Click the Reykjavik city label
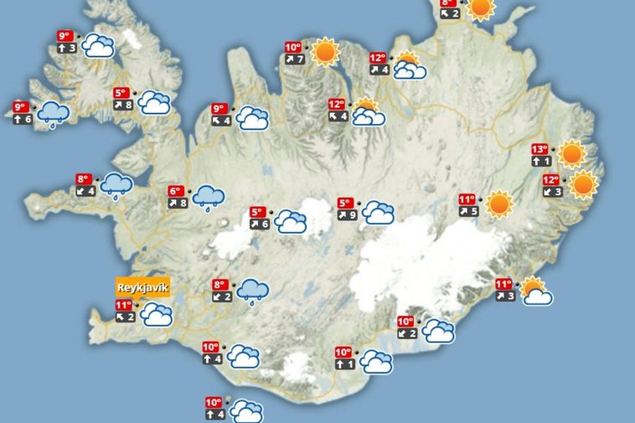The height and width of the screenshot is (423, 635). [143, 287]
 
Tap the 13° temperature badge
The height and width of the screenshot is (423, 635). [540, 150]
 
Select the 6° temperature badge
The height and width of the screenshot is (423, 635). [176, 191]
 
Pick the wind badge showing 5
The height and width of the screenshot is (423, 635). [468, 211]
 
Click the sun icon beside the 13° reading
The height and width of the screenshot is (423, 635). [571, 154]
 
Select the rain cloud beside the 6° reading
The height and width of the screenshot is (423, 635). [208, 198]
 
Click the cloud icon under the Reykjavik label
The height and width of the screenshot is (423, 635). [156, 315]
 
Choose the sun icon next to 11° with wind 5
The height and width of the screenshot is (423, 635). [498, 204]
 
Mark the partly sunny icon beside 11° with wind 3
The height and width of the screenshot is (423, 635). [535, 291]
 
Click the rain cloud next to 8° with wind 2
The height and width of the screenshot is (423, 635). [251, 291]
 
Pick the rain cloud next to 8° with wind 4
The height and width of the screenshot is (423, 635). [115, 184]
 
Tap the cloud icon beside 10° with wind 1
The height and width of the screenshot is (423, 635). [376, 362]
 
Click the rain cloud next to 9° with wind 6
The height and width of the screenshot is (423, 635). [54, 113]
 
